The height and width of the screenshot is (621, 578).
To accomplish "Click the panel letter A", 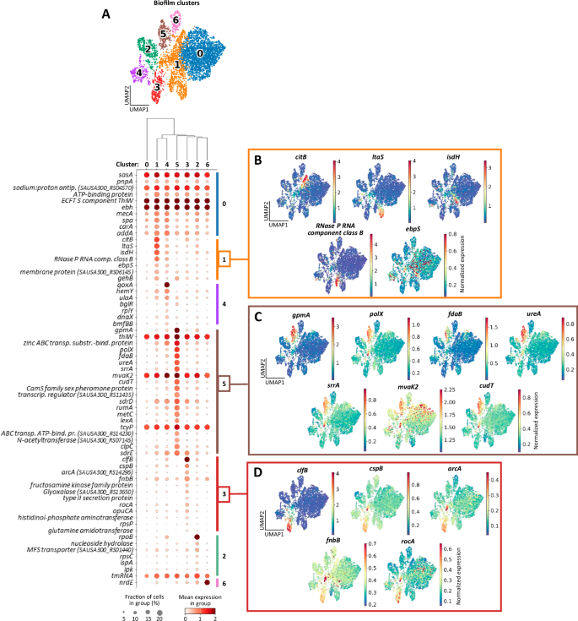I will point(105,14).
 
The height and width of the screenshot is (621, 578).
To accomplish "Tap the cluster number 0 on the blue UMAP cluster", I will point(199,52).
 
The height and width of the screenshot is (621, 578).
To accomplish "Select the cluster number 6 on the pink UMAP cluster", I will point(175,19).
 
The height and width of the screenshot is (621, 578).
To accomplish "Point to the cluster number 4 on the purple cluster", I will point(139,73).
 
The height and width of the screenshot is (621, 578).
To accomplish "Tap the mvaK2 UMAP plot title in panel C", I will point(413,382).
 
